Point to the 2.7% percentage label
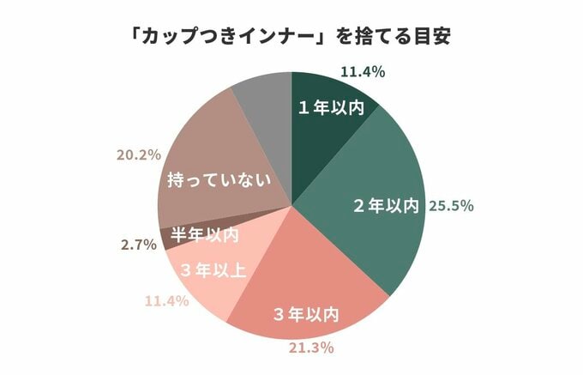(x=138, y=245)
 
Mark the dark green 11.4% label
(x=363, y=71)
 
